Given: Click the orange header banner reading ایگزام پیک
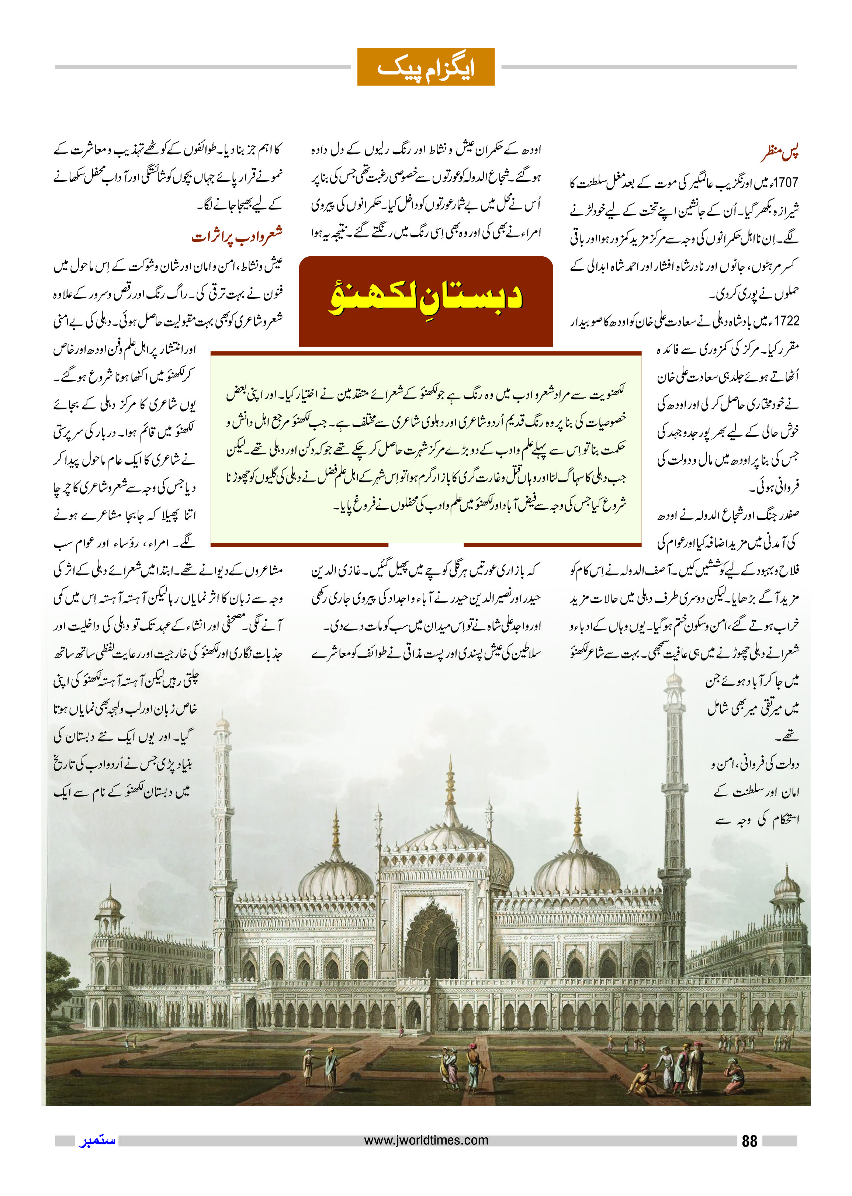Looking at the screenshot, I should pos(426,67).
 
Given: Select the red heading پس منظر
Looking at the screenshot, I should pos(780,153).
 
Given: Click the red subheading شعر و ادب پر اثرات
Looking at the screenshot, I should pos(237,236).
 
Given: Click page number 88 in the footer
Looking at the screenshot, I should pos(749,1141).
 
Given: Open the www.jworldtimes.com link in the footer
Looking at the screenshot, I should pos(426,1140).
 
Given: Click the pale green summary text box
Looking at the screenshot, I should pos(426,448).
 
